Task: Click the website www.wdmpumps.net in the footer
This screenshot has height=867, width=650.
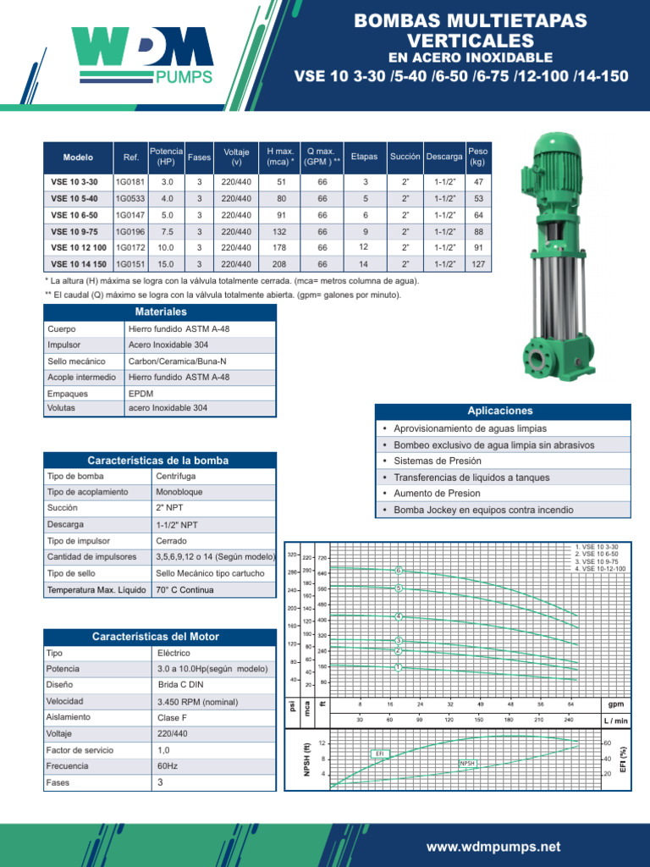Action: click(493, 846)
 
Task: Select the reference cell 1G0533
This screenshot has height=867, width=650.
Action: click(130, 199)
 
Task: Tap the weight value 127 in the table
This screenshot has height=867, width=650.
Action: click(478, 263)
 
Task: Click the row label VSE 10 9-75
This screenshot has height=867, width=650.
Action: click(79, 231)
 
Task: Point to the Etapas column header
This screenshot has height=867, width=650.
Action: click(364, 157)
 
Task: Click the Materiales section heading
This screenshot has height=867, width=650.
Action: click(160, 312)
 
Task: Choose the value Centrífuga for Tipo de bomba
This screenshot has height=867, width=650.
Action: click(176, 477)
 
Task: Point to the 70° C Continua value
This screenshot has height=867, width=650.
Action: click(185, 589)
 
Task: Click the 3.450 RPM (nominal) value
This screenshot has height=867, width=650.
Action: click(198, 702)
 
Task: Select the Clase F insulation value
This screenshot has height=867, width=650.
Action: click(174, 718)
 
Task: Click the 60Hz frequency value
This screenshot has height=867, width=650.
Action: click(170, 766)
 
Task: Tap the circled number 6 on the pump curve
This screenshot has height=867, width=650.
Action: click(398, 571)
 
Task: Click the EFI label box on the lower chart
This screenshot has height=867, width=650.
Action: click(378, 753)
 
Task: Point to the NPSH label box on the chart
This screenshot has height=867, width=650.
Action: click(468, 765)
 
